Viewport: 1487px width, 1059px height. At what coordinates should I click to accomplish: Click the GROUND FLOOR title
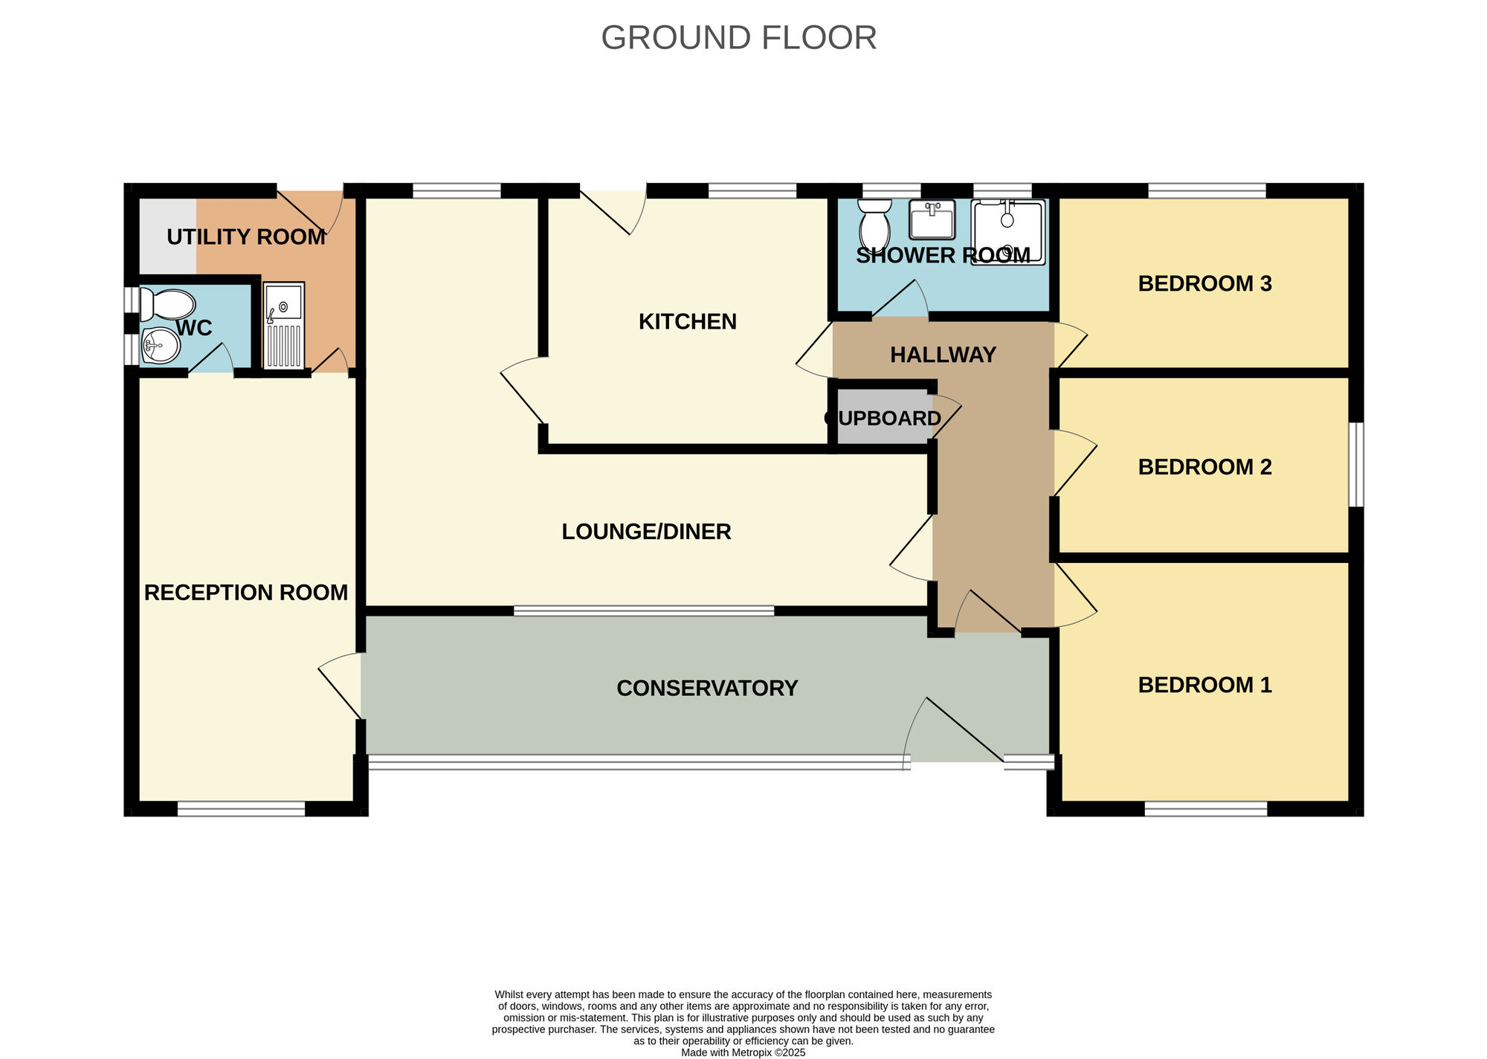point(738,38)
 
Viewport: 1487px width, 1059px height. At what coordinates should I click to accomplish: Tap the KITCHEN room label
point(688,321)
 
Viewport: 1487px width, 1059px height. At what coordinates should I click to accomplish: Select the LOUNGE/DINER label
point(646,532)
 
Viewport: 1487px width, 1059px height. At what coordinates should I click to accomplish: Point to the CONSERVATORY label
point(707,688)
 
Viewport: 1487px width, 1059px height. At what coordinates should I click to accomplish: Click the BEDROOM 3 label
point(1204,283)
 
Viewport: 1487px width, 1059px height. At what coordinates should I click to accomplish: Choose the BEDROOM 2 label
point(1204,467)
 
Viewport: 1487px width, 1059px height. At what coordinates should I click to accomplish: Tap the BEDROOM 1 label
point(1204,685)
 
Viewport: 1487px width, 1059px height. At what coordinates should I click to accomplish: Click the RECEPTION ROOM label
point(246,593)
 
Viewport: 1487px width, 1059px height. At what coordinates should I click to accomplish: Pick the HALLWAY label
point(943,355)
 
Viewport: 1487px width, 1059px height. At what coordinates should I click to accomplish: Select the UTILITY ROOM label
point(246,237)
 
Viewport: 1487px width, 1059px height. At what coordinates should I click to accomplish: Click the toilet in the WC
point(168,305)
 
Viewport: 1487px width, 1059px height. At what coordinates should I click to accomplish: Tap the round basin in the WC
point(161,346)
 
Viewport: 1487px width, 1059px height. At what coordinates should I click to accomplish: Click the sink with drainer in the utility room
point(283,325)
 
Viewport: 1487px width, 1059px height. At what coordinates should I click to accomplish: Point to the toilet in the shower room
point(874,224)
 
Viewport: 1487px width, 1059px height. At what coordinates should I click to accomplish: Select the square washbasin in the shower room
point(932,219)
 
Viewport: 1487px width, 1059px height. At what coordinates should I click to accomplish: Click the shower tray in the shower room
point(1008,232)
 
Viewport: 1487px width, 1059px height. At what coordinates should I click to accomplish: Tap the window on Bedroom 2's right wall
point(1356,465)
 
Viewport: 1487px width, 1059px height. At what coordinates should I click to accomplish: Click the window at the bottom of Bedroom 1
point(1205,808)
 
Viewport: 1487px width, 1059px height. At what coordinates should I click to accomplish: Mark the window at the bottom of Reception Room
point(242,808)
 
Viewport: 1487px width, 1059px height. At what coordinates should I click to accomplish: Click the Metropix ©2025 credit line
point(743,1052)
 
